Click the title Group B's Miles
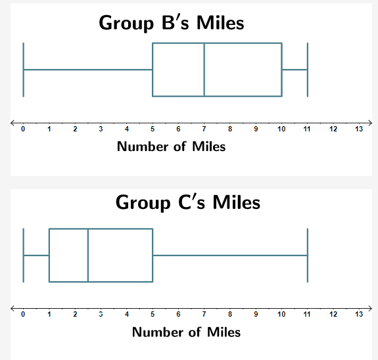171,23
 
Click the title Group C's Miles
188,202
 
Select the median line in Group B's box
204,70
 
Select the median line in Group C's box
88,255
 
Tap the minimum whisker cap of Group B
24,70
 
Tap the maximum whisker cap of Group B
307,70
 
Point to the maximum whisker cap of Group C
307,255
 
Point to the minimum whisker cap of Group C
24,255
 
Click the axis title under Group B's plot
171,146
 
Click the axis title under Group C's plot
186,332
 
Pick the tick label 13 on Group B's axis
358,129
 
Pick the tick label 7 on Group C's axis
204,314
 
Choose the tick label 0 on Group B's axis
24,129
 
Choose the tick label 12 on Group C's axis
333,314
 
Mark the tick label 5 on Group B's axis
153,129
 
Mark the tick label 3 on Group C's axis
101,314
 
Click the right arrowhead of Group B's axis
369,122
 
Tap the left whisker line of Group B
88,70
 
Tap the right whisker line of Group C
230,255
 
